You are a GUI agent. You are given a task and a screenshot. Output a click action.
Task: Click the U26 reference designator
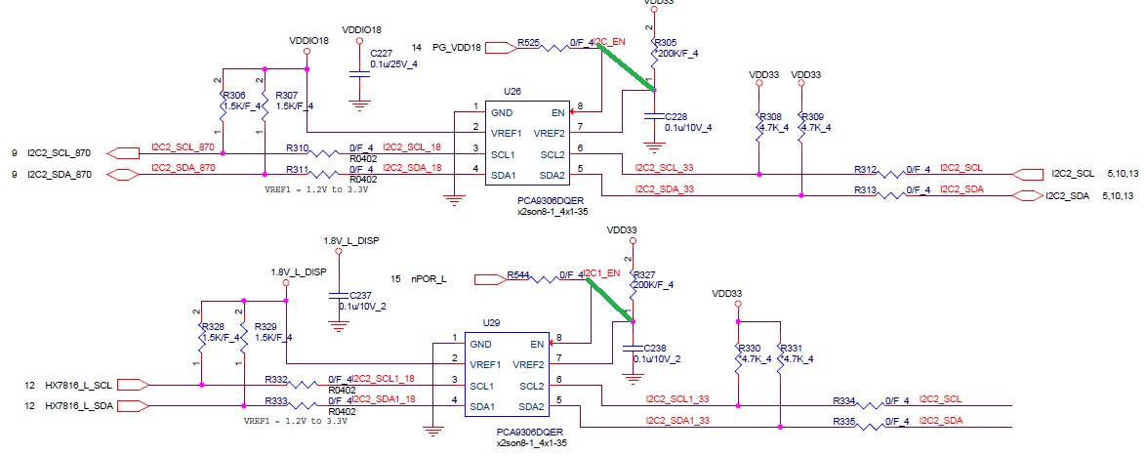coord(512,90)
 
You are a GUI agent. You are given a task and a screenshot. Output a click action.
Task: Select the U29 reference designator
coord(491,322)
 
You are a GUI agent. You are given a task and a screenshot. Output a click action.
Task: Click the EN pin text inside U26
coord(557,112)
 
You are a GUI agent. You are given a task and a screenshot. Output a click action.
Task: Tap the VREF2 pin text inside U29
coord(528,364)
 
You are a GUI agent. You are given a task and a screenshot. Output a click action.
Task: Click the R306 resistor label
coord(233,96)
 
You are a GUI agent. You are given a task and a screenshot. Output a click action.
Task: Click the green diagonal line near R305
coord(627,68)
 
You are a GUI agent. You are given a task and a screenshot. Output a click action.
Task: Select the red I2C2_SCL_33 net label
coord(664,167)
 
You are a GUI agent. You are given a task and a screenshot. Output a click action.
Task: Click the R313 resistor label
coord(865,189)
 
